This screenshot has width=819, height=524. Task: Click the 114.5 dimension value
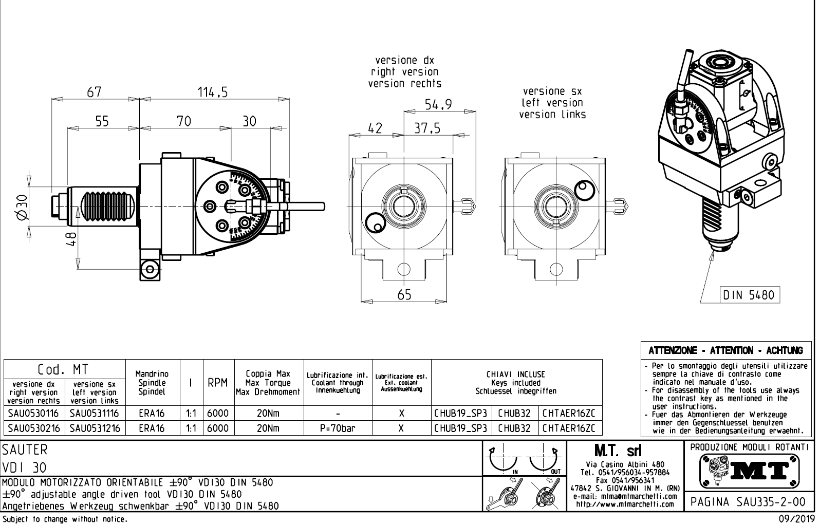click(213, 92)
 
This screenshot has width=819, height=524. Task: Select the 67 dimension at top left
click(94, 92)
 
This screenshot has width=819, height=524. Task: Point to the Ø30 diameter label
click(21, 207)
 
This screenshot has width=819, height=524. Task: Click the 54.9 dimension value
click(438, 105)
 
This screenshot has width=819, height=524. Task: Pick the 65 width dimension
click(404, 294)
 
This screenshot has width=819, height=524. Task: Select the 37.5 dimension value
click(427, 128)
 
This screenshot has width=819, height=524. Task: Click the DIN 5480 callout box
click(749, 295)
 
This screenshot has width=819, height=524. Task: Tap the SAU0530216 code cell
click(34, 428)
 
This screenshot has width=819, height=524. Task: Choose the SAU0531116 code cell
click(95, 413)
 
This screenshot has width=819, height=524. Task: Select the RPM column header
click(217, 383)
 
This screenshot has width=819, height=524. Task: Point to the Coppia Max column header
click(268, 374)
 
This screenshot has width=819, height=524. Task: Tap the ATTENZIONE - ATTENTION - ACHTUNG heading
click(725, 351)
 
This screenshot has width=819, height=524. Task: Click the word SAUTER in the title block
click(25, 450)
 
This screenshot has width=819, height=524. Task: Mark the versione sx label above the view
click(552, 91)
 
